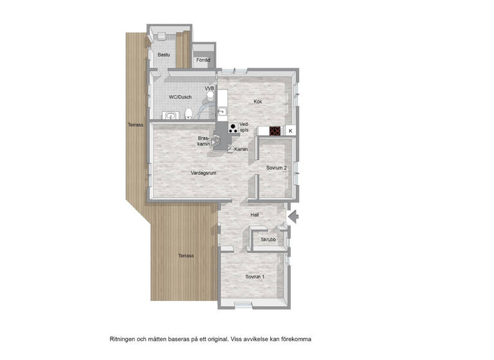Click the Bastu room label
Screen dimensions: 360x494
[x=165, y=55]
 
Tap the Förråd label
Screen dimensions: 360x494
[x=203, y=60]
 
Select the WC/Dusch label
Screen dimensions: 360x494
[x=180, y=97]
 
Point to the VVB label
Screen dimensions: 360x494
[x=209, y=88]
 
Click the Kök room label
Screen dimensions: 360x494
[x=257, y=102]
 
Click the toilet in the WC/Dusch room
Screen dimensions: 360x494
[x=188, y=114]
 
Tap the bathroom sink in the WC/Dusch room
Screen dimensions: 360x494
[x=170, y=116]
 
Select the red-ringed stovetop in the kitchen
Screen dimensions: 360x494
[x=275, y=131]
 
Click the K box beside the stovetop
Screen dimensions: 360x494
[x=290, y=131]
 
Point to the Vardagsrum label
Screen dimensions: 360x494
[x=204, y=173]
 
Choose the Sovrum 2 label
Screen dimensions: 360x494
[x=277, y=168]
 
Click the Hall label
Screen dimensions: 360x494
[x=255, y=216]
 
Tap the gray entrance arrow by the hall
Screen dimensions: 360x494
[x=293, y=217]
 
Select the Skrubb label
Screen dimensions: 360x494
[x=268, y=240]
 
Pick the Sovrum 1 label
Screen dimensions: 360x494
[x=255, y=277]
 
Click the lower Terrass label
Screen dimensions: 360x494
[x=186, y=256]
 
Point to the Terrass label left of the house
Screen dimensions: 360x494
[x=135, y=125]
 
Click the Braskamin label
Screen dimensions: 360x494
[x=205, y=141]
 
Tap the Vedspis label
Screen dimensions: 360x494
[x=244, y=127]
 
